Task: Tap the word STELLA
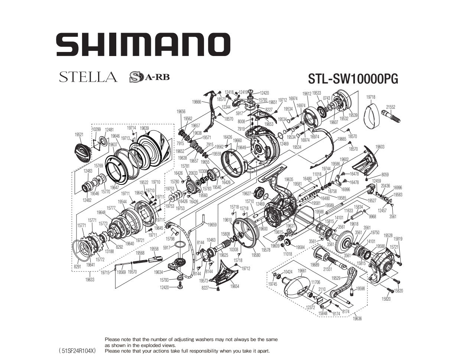pyautogui.click(x=88, y=77)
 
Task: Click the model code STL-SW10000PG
pyautogui.click(x=353, y=79)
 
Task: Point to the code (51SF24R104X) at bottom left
pyautogui.click(x=77, y=350)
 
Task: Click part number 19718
pyautogui.click(x=370, y=97)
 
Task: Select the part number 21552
pyautogui.click(x=390, y=107)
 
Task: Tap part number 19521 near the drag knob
pyautogui.click(x=79, y=135)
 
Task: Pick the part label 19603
pyautogui.click(x=380, y=147)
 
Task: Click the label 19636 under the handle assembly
pyautogui.click(x=357, y=318)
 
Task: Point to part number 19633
pyautogui.click(x=90, y=280)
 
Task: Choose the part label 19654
pyautogui.click(x=234, y=287)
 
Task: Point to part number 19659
pyautogui.click(x=212, y=225)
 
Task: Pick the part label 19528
pyautogui.click(x=388, y=236)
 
